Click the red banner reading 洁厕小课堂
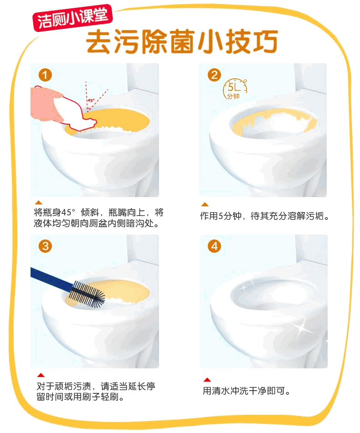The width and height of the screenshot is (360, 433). [x=72, y=18]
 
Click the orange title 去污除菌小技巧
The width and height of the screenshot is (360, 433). [x=182, y=42]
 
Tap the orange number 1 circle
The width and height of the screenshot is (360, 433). [x=45, y=75]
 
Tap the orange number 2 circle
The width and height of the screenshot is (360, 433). [x=214, y=75]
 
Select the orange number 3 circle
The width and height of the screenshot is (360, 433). [x=45, y=246]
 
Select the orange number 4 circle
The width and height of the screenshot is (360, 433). [x=214, y=246]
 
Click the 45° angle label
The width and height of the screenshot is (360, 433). [x=91, y=101]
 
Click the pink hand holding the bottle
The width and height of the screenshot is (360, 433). [x=46, y=103]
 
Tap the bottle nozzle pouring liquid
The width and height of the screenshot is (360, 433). [x=90, y=123]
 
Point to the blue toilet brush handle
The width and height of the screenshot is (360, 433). [x=51, y=279]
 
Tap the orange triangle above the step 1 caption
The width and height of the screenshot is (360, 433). [x=39, y=203]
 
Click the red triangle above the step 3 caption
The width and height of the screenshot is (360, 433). [x=41, y=375]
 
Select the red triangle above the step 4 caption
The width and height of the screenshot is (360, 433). [x=207, y=380]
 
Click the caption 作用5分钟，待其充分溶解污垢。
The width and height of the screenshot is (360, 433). [x=265, y=216]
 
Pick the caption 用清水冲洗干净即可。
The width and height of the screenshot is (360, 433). [x=247, y=391]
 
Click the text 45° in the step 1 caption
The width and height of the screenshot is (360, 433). [x=68, y=212]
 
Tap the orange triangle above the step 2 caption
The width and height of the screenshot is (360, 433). [x=205, y=204]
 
